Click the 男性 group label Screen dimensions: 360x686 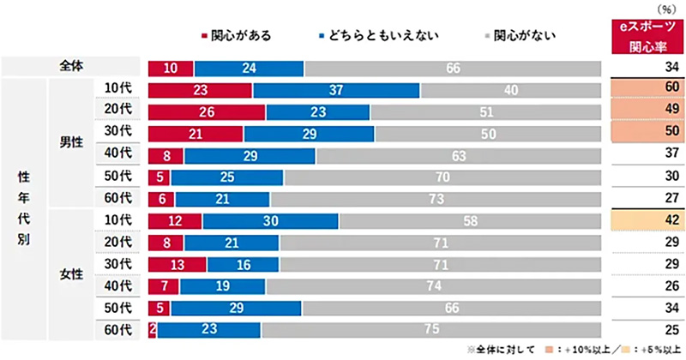pyautogui.click(x=70, y=143)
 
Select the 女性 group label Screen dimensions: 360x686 pyautogui.click(x=70, y=274)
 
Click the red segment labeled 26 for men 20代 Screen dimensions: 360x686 pyautogui.click(x=207, y=111)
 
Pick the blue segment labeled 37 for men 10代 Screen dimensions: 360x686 pyautogui.click(x=335, y=89)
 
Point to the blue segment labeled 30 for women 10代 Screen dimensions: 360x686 pyautogui.click(x=270, y=220)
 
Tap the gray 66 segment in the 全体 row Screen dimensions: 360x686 pyautogui.click(x=453, y=68)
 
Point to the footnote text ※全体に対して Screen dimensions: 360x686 pyautogui.click(x=501, y=350)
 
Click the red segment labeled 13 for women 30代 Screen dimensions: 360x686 pyautogui.click(x=177, y=264)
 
